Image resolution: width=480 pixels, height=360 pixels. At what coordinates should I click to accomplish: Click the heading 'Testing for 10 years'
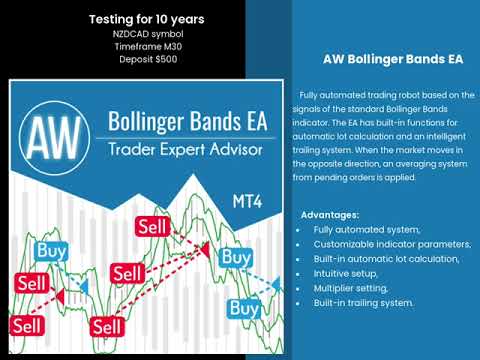point(147,19)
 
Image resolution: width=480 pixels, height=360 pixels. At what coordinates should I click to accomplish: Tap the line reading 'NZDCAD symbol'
point(147,33)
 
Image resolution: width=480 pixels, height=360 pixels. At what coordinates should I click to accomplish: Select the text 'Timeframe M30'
point(147,46)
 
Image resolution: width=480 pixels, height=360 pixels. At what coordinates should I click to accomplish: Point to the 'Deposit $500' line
point(147,59)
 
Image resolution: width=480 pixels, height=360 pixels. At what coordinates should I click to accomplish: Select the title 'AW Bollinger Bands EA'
point(385,59)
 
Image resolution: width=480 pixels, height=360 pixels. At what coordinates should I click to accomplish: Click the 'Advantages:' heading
point(331,215)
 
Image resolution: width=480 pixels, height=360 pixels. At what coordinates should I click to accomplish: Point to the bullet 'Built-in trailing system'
point(363,302)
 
